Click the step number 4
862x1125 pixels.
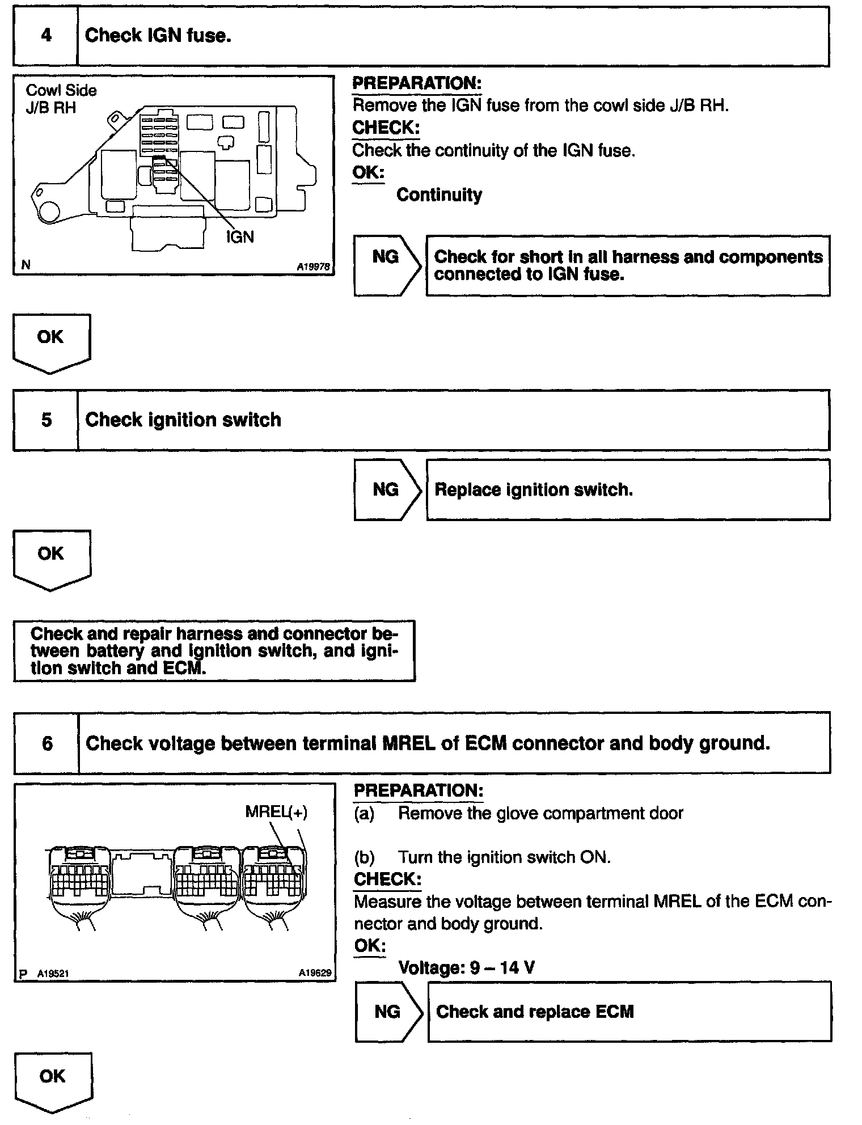click(46, 36)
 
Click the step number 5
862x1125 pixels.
click(47, 420)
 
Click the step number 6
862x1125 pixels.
click(47, 743)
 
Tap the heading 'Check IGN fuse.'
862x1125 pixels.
click(158, 36)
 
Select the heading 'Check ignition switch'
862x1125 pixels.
click(183, 420)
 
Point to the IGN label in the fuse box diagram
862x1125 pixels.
click(240, 236)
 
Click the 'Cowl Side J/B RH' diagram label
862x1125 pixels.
click(61, 99)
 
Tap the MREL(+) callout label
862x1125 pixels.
click(276, 812)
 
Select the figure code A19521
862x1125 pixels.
click(53, 974)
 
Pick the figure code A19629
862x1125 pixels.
click(315, 974)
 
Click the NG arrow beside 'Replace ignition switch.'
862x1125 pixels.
click(387, 490)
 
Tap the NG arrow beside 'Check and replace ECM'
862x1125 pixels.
click(388, 1012)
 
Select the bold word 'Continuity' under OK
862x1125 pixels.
click(439, 195)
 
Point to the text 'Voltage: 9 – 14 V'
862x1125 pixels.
click(466, 967)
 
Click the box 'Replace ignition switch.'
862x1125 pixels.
click(628, 490)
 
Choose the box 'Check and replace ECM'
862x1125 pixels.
click(629, 1012)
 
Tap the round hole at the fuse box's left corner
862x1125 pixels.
click(48, 211)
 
